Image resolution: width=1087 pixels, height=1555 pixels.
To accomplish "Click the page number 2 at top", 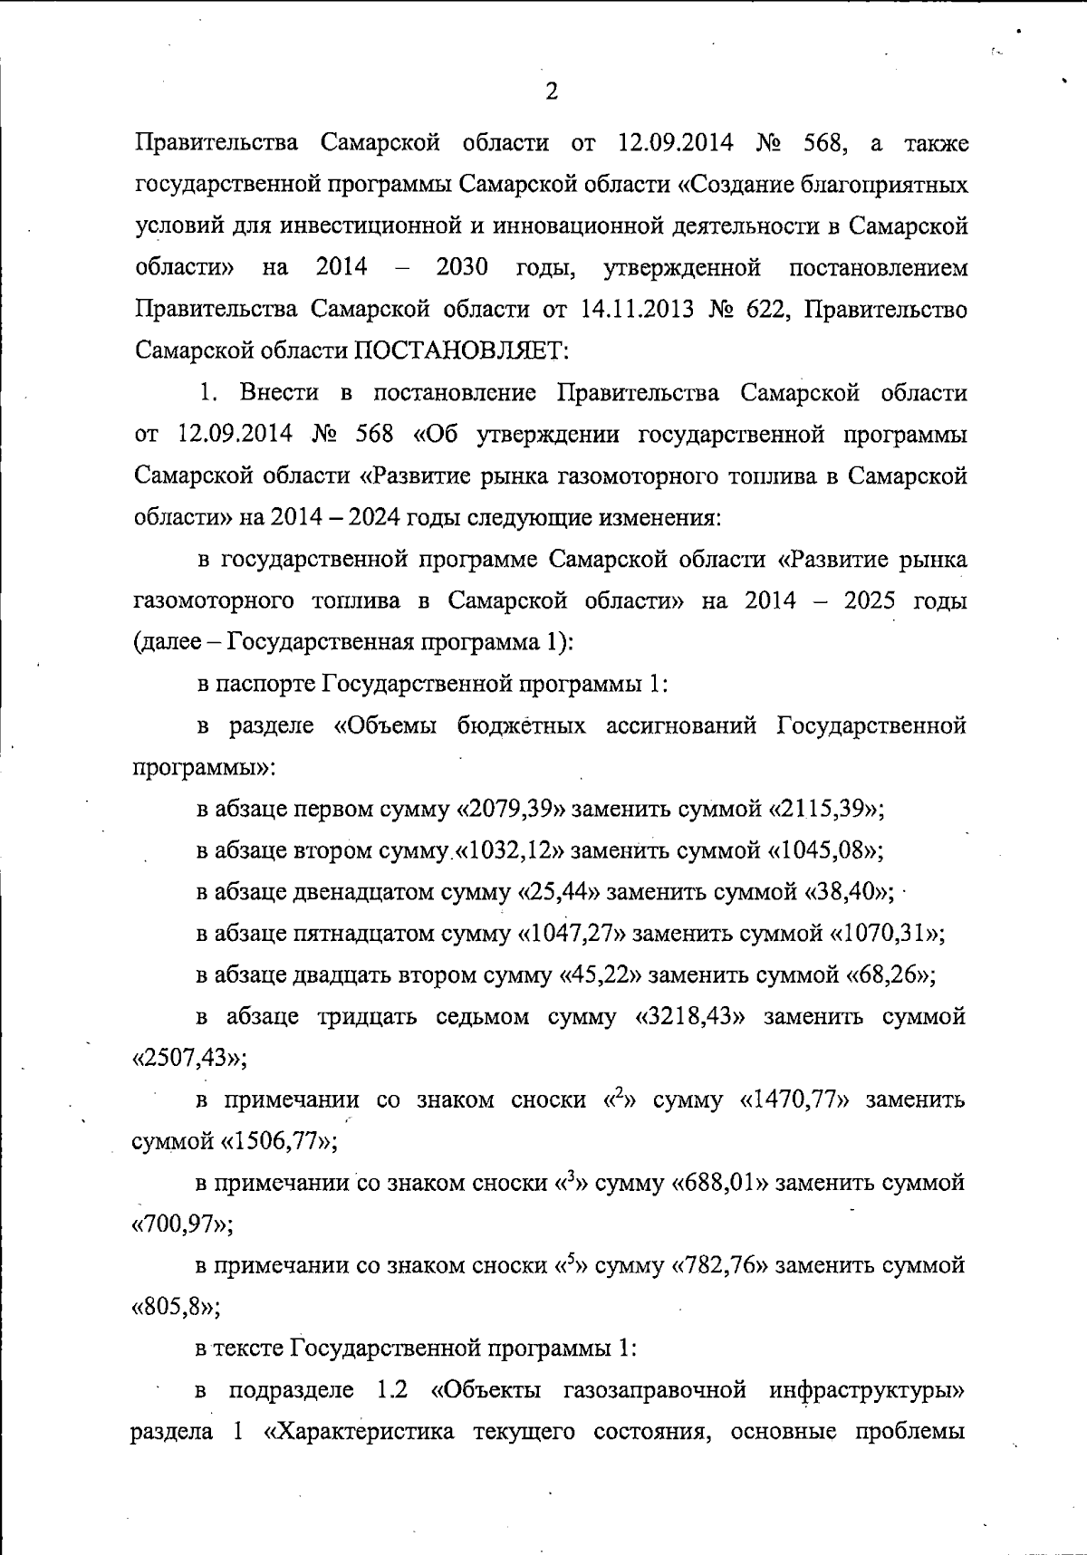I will pos(552,91).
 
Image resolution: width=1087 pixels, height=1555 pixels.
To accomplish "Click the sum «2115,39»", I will pos(826,809).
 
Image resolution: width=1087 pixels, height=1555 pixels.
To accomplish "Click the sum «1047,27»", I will pos(572,934).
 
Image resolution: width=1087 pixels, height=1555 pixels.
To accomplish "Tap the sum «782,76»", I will pos(719,1266).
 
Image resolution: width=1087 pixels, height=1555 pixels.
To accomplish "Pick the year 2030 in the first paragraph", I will pos(462,268).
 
